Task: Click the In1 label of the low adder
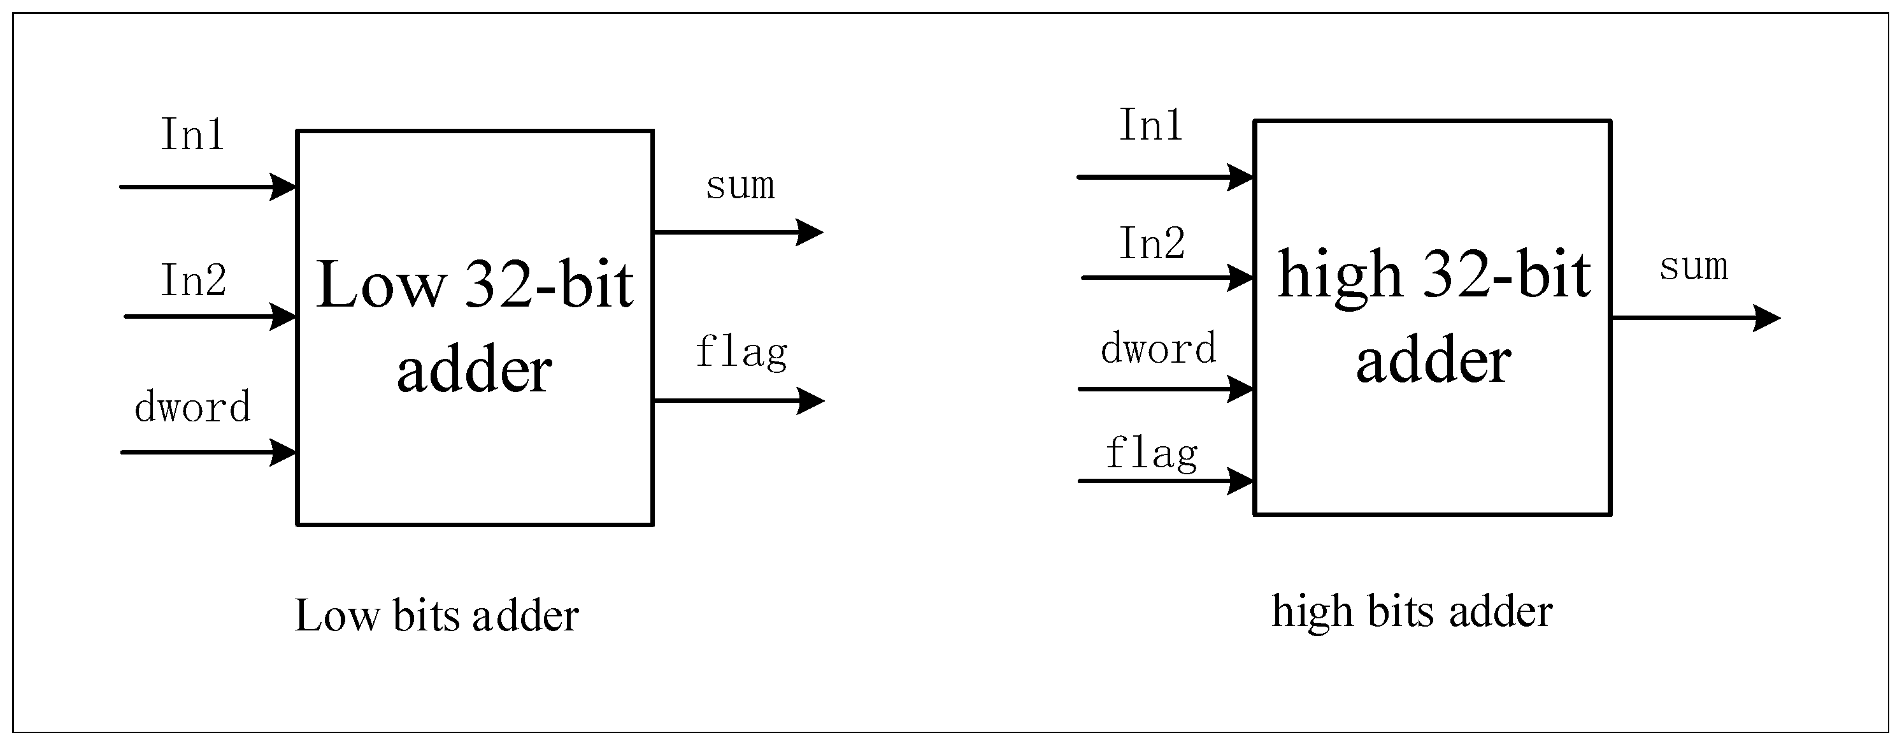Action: (192, 135)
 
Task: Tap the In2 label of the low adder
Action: (194, 280)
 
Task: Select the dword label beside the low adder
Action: (193, 407)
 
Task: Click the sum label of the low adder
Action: (740, 185)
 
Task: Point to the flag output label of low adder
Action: (741, 353)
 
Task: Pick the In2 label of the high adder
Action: (1152, 243)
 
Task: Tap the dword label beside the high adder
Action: (1158, 349)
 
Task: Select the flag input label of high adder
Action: (1151, 453)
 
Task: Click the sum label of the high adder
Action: (1693, 266)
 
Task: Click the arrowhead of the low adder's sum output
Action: (811, 232)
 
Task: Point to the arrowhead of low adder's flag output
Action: (812, 401)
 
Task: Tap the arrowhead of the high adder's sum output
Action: (1768, 318)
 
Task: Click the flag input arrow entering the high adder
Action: (1166, 481)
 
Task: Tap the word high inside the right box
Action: (1340, 275)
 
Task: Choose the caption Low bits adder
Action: (436, 615)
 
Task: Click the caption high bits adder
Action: (1412, 611)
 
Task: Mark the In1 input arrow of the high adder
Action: (1166, 177)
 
